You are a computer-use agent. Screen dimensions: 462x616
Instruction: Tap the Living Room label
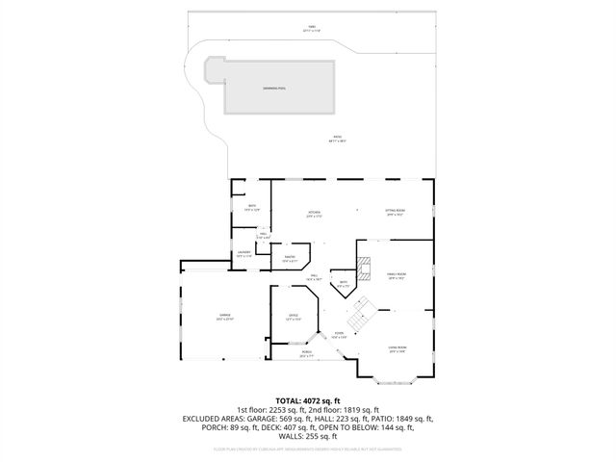pyautogui.click(x=398, y=348)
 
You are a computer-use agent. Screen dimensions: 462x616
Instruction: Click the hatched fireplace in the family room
pyautogui.click(x=363, y=268)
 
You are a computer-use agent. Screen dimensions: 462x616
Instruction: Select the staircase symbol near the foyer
pyautogui.click(x=360, y=312)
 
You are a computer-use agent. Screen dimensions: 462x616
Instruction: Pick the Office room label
pyautogui.click(x=294, y=316)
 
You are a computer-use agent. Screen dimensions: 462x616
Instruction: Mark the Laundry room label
pyautogui.click(x=244, y=255)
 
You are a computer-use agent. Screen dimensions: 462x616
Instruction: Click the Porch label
pyautogui.click(x=307, y=355)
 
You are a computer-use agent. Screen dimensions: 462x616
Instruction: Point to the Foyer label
pyautogui.click(x=338, y=335)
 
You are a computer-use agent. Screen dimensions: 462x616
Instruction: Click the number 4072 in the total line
pyautogui.click(x=317, y=400)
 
